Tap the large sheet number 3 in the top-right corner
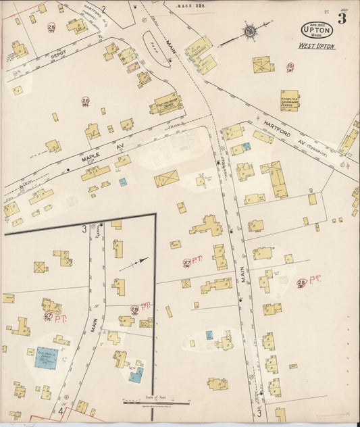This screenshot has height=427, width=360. (342, 19)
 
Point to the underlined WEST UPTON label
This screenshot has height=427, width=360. (316, 46)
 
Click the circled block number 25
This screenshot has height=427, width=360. (52, 28)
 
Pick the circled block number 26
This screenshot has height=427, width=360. (86, 101)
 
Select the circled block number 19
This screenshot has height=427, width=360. (290, 66)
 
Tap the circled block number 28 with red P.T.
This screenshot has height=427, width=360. (301, 282)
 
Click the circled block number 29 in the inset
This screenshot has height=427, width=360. (134, 309)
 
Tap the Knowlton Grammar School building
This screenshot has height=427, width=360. (290, 100)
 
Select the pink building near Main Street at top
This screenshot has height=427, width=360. (133, 67)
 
